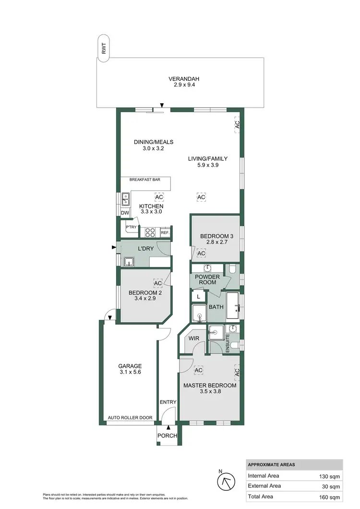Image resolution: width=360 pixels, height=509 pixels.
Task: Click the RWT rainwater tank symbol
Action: [103, 48]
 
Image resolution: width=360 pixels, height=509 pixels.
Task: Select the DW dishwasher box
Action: [125, 213]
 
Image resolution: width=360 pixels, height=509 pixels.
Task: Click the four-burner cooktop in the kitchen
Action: [150, 232]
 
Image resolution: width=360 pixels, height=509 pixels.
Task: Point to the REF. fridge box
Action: [165, 233]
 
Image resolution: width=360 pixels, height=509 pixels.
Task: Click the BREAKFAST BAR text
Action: [144, 180]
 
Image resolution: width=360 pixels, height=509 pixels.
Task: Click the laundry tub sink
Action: [129, 262]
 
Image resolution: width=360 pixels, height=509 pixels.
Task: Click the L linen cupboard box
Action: [198, 297]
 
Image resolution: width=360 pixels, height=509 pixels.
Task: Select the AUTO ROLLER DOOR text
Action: [130, 418]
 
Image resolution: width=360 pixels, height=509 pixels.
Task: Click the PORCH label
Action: [168, 436]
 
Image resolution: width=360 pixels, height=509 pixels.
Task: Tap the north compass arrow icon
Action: [226, 480]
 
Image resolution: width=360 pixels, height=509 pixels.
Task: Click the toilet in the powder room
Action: [232, 269]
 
